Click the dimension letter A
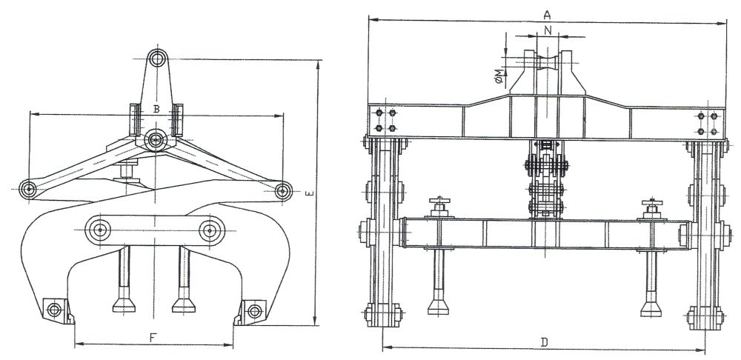point(548,15)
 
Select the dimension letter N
point(548,30)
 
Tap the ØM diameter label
point(498,76)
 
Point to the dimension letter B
point(156,109)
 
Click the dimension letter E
point(308,193)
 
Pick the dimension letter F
point(153,338)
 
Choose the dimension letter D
point(544,342)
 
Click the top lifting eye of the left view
point(157,59)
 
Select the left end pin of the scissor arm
point(28,190)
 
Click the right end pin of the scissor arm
point(283,191)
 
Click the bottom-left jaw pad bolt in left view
point(54,310)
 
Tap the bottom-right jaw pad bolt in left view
point(255,311)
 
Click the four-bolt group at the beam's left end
point(385,121)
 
